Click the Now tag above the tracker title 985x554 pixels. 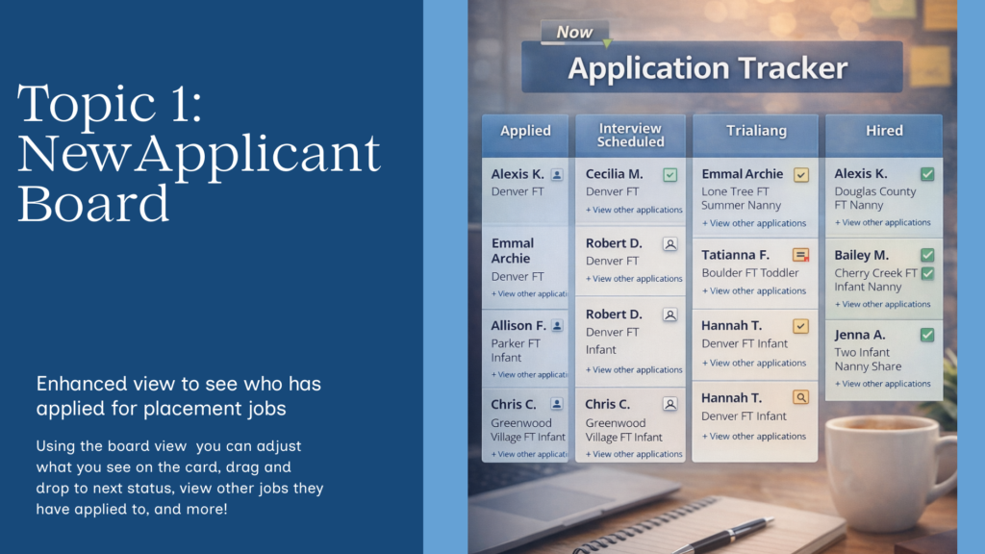[x=574, y=32]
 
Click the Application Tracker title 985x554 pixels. [x=708, y=68]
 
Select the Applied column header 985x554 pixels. [x=525, y=131]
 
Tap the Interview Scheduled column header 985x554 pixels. [x=630, y=135]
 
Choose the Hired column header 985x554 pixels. [x=883, y=131]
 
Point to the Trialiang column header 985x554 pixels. [x=755, y=131]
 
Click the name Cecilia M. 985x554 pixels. [x=614, y=174]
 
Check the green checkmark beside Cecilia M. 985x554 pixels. [x=670, y=175]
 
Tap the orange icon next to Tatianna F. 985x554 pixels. [x=800, y=255]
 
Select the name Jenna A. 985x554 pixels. [x=860, y=335]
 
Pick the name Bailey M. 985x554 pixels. [x=862, y=255]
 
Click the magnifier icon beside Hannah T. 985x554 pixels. [x=800, y=397]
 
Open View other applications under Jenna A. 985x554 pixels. [x=882, y=384]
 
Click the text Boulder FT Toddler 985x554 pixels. [x=750, y=272]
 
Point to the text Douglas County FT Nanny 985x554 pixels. [x=874, y=198]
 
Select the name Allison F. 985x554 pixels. [x=518, y=326]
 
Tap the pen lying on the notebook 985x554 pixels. [x=721, y=535]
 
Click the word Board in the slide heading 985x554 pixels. [x=92, y=204]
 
